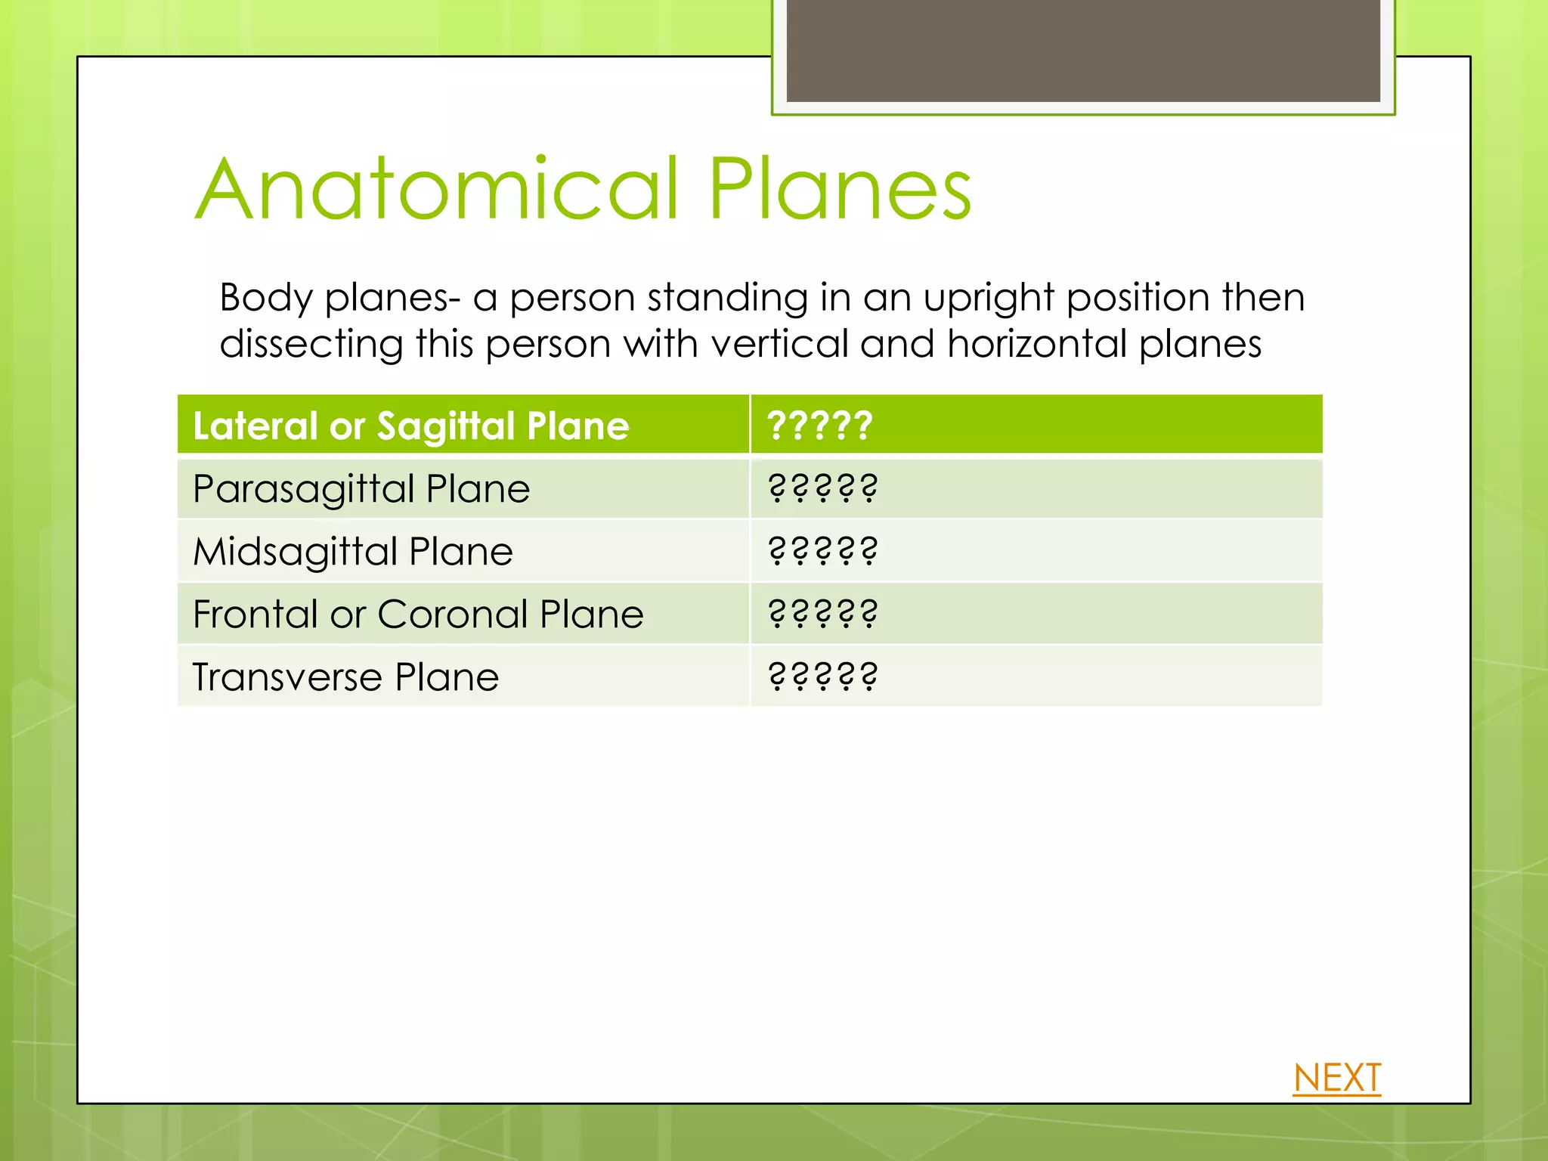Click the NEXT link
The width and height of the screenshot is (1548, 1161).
pos(1336,1078)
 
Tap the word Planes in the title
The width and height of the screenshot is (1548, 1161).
pos(839,189)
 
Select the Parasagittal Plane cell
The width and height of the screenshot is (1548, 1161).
pos(361,489)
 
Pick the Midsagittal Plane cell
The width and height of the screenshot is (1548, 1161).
pos(353,552)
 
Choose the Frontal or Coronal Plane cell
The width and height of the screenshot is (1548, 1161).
pos(418,614)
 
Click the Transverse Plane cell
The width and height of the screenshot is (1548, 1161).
pos(345,677)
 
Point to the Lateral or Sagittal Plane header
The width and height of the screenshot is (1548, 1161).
pos(411,426)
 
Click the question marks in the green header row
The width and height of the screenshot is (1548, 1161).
pos(820,425)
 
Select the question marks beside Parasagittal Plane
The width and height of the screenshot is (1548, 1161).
pos(822,488)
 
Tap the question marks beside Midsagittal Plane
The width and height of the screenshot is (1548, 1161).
pos(822,551)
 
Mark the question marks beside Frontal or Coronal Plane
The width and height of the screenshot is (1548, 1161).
pos(822,614)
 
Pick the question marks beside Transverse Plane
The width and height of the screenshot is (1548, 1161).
pos(822,676)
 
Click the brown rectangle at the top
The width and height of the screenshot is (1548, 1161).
pos(1082,51)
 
